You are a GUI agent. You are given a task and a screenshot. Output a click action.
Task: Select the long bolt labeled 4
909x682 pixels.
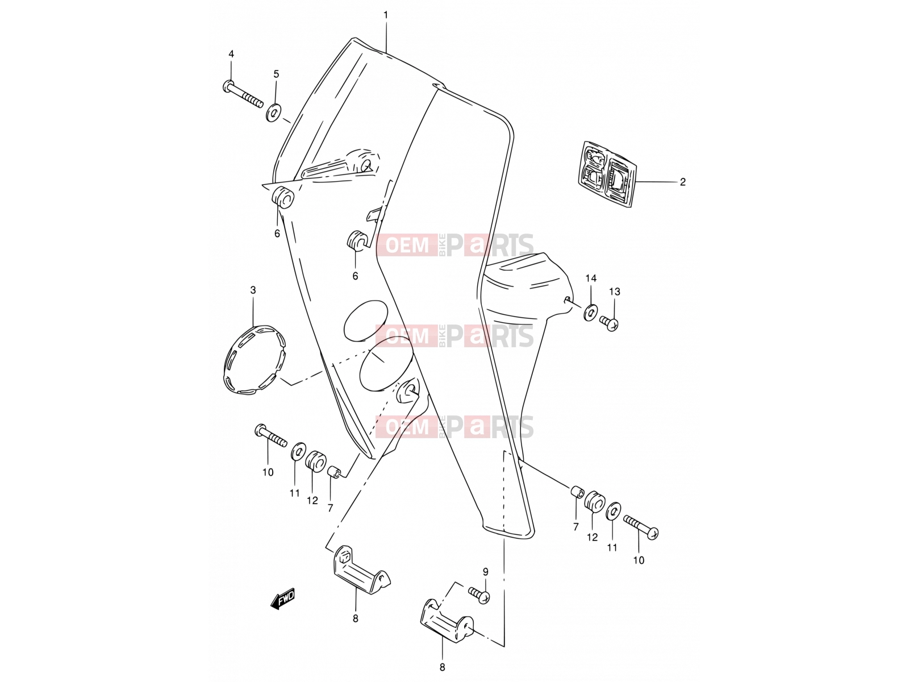coord(243,94)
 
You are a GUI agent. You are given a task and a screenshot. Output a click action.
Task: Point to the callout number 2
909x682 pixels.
coord(682,182)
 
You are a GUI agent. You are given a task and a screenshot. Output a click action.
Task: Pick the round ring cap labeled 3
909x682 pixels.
coord(255,359)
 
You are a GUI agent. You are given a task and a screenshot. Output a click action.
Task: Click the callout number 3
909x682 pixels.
coord(253,290)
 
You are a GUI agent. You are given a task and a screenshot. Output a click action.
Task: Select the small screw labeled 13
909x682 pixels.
coord(609,323)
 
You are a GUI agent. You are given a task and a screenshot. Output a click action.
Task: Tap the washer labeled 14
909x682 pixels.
coord(590,312)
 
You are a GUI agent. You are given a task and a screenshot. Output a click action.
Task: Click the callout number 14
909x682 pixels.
coord(591,278)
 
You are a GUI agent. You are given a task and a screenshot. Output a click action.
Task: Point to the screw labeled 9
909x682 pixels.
coord(479,595)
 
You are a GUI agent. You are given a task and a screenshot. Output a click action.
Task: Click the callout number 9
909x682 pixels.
coord(485,572)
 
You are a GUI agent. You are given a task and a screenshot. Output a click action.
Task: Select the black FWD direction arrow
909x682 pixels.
coord(283,599)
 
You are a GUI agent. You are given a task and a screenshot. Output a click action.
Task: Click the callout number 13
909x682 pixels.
coord(615,292)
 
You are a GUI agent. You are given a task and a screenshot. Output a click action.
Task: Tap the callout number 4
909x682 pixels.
coord(231,54)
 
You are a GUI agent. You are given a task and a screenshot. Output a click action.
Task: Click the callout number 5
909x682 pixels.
coord(276,74)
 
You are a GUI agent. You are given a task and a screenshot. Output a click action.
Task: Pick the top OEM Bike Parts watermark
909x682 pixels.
coord(454,245)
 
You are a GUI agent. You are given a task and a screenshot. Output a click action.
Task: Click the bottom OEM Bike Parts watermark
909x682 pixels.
coord(454,427)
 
